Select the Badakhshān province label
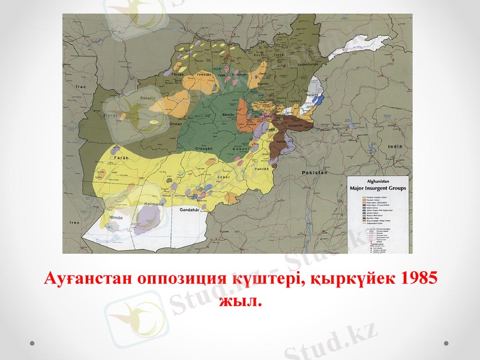pos(305,65)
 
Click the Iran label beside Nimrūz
pos(74,223)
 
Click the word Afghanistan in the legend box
pos(378,181)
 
